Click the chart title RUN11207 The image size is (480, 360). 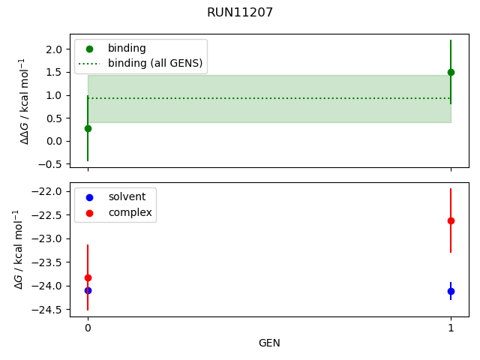pos(240,13)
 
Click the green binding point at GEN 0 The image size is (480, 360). pos(88,128)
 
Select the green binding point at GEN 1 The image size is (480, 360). pos(451,72)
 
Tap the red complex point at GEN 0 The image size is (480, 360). pos(88,277)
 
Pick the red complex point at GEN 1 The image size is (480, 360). pos(451,220)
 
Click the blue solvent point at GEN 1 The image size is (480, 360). pos(451,291)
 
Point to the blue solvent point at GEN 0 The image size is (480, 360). pos(88,290)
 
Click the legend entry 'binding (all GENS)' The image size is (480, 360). pos(154,63)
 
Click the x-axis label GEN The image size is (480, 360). pos(269,343)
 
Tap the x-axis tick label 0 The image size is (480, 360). pos(88,328)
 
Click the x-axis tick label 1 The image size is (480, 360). pos(451,328)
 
